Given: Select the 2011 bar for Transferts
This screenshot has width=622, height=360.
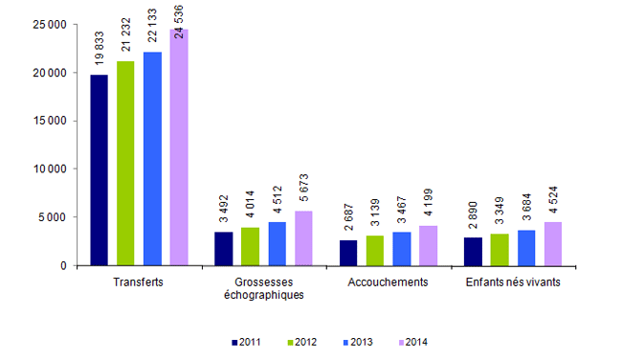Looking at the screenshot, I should tap(99, 169).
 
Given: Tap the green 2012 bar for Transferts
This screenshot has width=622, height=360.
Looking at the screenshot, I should tap(125, 163).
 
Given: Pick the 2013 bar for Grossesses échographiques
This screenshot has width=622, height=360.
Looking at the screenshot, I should tap(277, 243).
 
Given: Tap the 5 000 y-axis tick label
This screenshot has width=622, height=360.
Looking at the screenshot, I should tap(50, 217).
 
